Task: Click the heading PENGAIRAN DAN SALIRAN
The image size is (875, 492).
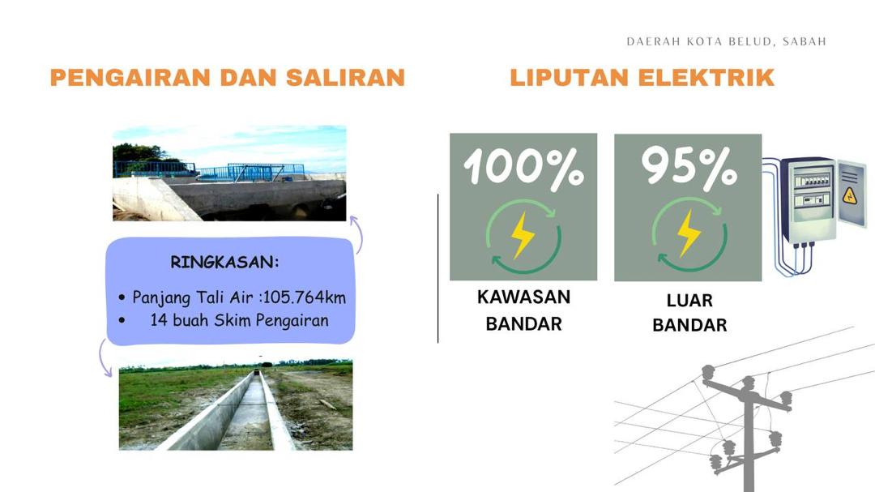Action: (x=227, y=78)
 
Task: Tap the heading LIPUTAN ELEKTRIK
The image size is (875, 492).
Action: (x=642, y=78)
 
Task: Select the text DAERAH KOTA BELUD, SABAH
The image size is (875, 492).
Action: (x=726, y=42)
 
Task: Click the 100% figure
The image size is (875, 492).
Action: (x=523, y=166)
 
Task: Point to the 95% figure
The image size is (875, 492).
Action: (x=689, y=166)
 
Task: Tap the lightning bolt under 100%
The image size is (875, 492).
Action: (x=523, y=235)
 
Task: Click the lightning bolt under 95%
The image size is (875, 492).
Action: (x=689, y=233)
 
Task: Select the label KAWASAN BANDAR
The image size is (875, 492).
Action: (x=523, y=310)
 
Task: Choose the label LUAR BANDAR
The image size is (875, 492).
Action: (x=689, y=312)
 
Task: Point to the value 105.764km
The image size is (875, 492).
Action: (x=304, y=297)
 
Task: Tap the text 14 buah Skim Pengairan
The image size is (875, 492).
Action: (x=239, y=320)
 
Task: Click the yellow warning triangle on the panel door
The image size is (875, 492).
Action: (x=849, y=196)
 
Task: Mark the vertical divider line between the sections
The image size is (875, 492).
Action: (x=438, y=268)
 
